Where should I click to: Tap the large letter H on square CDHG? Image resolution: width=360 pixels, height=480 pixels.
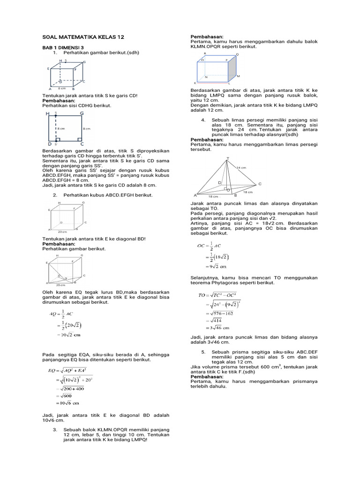(x=47, y=113)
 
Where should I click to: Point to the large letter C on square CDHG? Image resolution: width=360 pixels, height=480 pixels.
(x=82, y=144)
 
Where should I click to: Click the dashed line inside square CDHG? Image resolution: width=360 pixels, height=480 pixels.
(x=56, y=128)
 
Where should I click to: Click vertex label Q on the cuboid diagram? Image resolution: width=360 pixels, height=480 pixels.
(x=237, y=55)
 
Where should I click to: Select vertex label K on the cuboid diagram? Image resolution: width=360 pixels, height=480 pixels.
(x=195, y=83)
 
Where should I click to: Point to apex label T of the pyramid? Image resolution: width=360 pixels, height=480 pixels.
(x=228, y=158)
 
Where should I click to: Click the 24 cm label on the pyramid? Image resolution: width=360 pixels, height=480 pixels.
(x=241, y=167)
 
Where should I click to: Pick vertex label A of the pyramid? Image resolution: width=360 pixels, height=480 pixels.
(x=195, y=195)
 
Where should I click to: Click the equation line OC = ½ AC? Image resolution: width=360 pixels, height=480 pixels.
(x=210, y=245)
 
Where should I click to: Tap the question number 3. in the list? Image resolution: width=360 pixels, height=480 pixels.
(x=55, y=429)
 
